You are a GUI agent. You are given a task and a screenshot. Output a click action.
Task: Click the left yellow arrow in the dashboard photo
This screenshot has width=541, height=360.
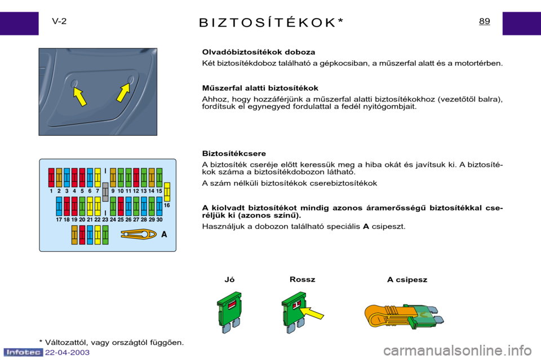(x=80, y=96)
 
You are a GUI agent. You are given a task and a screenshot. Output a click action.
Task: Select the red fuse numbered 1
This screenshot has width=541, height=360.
(x=51, y=177)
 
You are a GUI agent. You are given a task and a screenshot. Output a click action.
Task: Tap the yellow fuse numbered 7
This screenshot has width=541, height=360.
(x=97, y=177)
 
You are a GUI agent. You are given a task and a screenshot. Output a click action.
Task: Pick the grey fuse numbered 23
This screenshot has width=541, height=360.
(x=105, y=192)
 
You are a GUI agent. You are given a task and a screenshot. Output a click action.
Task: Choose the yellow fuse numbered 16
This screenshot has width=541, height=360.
(x=167, y=192)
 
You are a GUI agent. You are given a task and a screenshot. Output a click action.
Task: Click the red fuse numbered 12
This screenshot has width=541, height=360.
(x=136, y=177)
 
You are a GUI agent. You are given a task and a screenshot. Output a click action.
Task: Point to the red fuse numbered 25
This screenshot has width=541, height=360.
(x=121, y=206)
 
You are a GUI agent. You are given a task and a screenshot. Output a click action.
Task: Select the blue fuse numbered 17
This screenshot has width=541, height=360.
(x=59, y=206)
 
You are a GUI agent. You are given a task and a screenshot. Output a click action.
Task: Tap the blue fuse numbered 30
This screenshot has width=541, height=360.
(x=159, y=206)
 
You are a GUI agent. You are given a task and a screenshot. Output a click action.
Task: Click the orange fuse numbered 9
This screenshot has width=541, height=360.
(x=113, y=177)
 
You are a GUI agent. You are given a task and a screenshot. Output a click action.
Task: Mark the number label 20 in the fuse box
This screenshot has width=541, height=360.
(x=82, y=220)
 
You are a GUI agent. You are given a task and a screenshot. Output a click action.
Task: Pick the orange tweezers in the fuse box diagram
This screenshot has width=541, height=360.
(x=138, y=234)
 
